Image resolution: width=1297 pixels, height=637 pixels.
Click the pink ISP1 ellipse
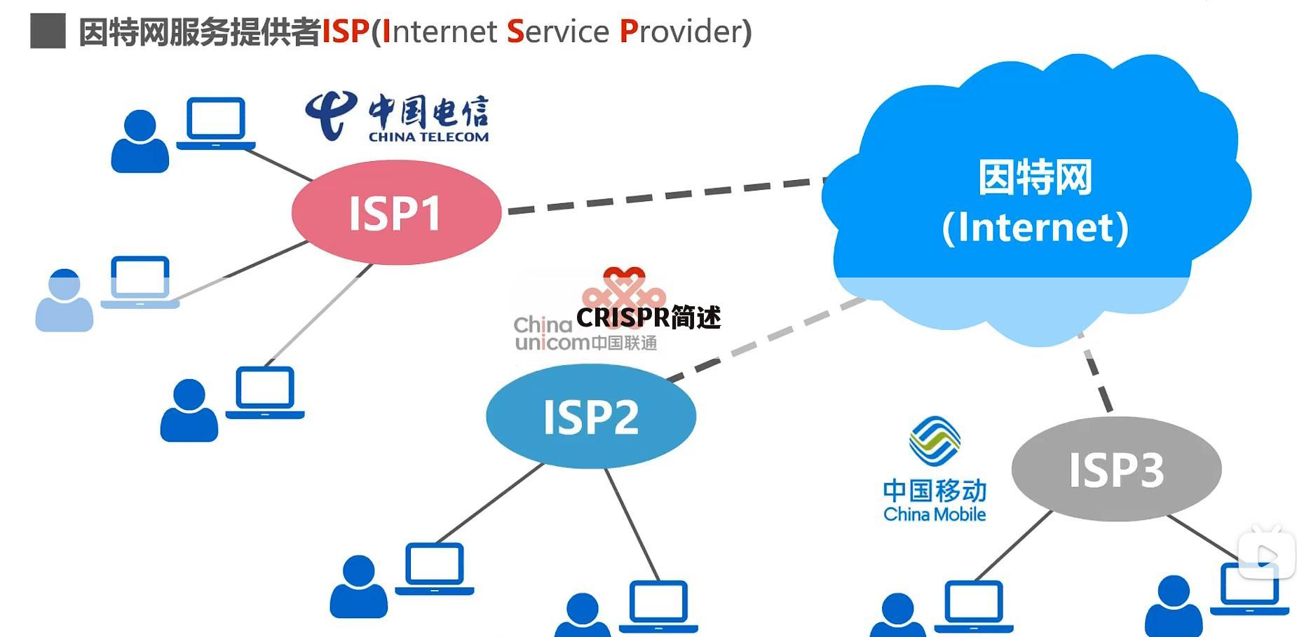pyautogui.click(x=396, y=212)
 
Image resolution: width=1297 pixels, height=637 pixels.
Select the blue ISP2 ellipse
pyautogui.click(x=591, y=416)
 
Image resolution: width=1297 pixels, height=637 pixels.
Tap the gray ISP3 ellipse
pyautogui.click(x=1116, y=469)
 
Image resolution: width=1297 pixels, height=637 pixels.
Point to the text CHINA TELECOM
pyautogui.click(x=429, y=137)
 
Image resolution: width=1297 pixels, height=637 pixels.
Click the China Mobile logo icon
pyautogui.click(x=935, y=441)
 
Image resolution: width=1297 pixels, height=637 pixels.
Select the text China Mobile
pyautogui.click(x=935, y=514)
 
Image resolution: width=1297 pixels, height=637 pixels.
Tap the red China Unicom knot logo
pyautogui.click(x=623, y=294)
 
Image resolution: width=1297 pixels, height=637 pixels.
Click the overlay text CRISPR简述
pyautogui.click(x=648, y=317)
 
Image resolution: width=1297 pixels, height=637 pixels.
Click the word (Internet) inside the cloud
pyautogui.click(x=1035, y=228)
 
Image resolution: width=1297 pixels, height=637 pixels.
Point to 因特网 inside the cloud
pyautogui.click(x=1035, y=177)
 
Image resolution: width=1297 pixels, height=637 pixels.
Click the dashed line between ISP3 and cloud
pyautogui.click(x=1095, y=372)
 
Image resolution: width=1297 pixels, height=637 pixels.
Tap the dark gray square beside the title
pyautogui.click(x=48, y=31)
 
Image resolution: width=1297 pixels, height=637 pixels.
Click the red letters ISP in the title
pyautogui.click(x=346, y=32)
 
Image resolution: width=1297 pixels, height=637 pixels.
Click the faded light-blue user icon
pyautogui.click(x=64, y=300)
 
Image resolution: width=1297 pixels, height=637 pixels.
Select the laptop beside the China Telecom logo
pyautogui.click(x=216, y=123)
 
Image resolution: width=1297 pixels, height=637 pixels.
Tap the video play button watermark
pyautogui.click(x=1266, y=554)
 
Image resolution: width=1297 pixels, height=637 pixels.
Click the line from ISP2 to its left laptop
pyautogui.click(x=490, y=502)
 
